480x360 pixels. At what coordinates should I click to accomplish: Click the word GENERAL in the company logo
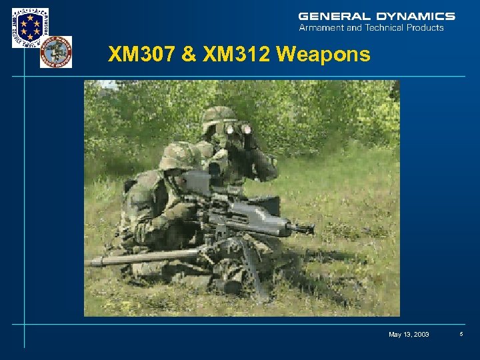[325, 16]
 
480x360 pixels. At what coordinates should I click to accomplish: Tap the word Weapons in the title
[324, 55]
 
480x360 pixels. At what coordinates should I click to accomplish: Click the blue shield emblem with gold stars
[30, 27]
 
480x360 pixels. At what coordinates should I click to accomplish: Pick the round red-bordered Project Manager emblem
[55, 52]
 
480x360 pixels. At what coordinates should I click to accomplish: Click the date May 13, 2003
[409, 334]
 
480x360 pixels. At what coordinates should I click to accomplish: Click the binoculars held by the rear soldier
[238, 129]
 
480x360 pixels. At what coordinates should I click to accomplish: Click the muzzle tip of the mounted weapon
[309, 229]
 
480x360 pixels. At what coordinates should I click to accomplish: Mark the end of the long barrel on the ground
[90, 261]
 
